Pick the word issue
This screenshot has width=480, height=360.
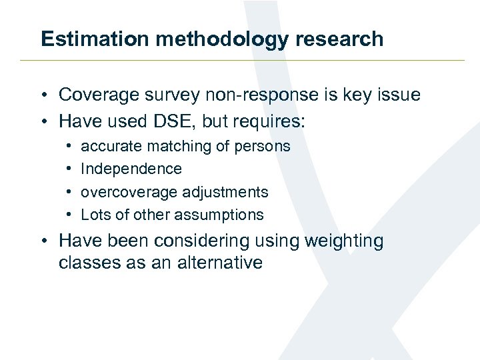pos(399,95)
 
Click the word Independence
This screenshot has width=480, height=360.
pos(131,169)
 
